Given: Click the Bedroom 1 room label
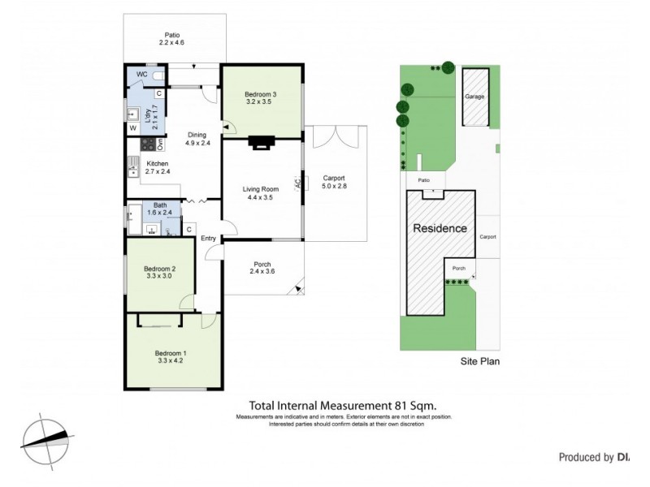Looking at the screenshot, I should click(171, 352).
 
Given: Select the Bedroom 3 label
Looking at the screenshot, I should click(261, 95).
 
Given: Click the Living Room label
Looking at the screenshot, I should click(261, 189).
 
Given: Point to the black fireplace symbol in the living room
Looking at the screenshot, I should click(262, 143).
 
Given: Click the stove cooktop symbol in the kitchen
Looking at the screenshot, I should click(148, 144).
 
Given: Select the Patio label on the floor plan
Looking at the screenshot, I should click(171, 35).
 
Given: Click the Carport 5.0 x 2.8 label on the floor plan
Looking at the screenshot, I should click(334, 182).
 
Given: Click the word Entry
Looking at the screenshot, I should click(208, 238).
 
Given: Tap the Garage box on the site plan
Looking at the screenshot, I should click(474, 97).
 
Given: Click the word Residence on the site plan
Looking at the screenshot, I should click(440, 228).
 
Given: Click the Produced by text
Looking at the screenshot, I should click(585, 458).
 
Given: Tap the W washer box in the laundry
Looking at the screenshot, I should click(132, 127).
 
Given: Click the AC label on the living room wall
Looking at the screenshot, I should click(297, 183).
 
